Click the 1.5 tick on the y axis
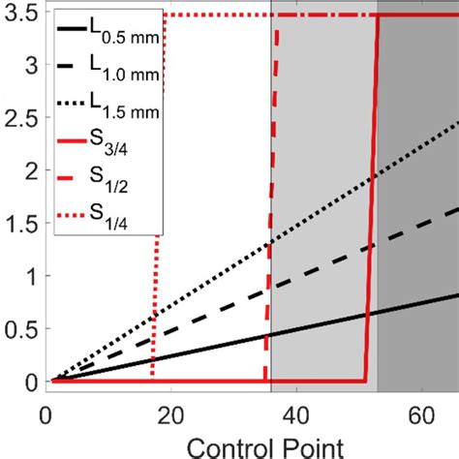[21, 223]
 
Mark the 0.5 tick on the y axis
[21, 328]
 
